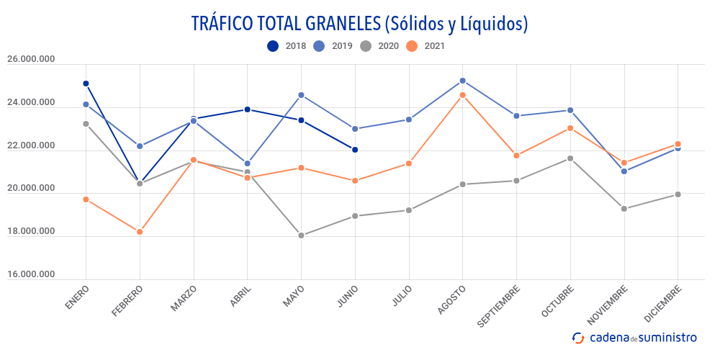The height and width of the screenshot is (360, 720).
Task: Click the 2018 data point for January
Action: pos(86,84)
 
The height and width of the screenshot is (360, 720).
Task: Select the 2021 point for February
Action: pos(140,232)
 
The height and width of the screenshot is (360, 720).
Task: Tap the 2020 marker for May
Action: pos(301,235)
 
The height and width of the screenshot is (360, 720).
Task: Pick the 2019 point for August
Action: pos(462,81)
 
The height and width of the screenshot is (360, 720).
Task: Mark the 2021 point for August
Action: pos(462,95)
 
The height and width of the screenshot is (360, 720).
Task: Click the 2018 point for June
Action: pos(355,150)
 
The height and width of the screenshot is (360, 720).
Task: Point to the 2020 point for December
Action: pos(678,194)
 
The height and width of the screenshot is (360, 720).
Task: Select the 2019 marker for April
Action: pos(248,163)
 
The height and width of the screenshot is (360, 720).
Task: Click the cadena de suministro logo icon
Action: pos(578,338)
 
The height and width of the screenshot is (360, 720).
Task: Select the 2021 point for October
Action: pos(570,128)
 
